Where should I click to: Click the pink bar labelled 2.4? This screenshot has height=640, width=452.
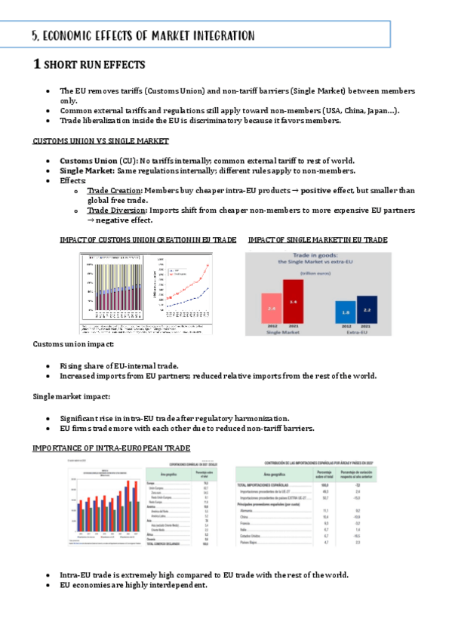pyautogui.click(x=271, y=309)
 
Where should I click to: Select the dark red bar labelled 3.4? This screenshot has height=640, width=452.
pyautogui.click(x=293, y=302)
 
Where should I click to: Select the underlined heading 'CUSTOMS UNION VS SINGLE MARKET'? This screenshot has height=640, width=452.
pyautogui.click(x=100, y=141)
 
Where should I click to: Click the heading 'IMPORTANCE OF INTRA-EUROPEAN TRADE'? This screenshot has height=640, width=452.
pyautogui.click(x=111, y=448)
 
